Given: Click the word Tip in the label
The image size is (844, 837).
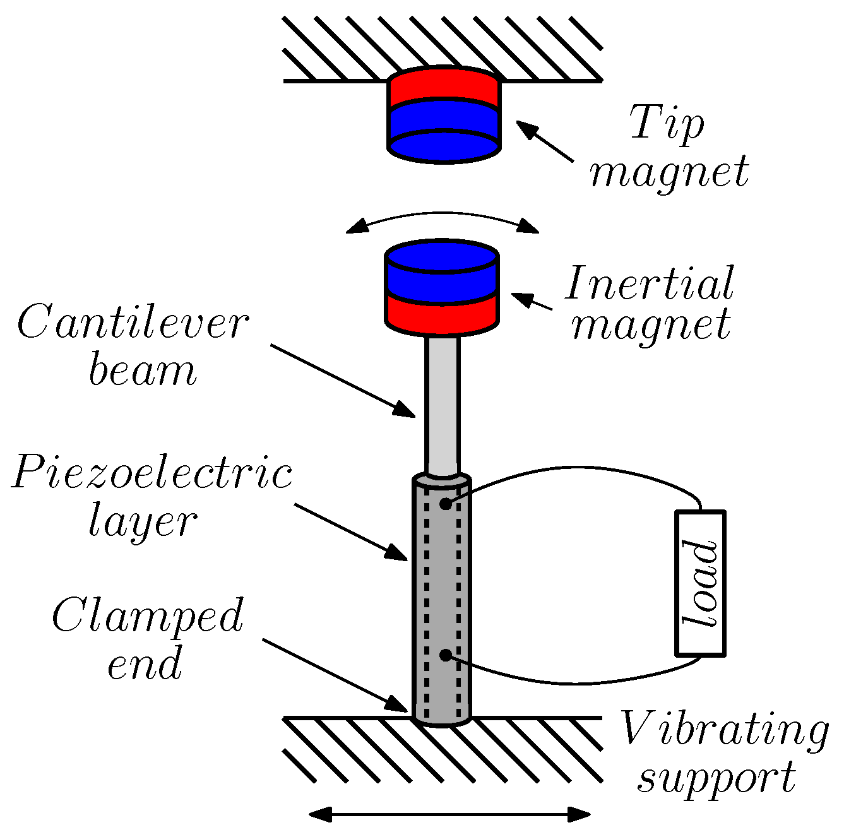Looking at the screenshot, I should tap(667, 122).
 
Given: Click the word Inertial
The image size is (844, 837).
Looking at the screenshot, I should tap(650, 283).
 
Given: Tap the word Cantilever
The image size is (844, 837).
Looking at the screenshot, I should tap(133, 324).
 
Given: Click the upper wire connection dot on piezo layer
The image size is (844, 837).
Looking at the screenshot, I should tap(446, 504).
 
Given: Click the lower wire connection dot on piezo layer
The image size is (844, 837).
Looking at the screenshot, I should tap(446, 655).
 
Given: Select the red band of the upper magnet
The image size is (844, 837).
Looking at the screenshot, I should tap(444, 88).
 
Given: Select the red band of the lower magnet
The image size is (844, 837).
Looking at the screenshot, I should tap(442, 312).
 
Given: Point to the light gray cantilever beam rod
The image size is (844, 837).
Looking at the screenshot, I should tap(442, 404).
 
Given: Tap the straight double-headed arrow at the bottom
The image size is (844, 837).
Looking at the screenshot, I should tap(449, 815).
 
